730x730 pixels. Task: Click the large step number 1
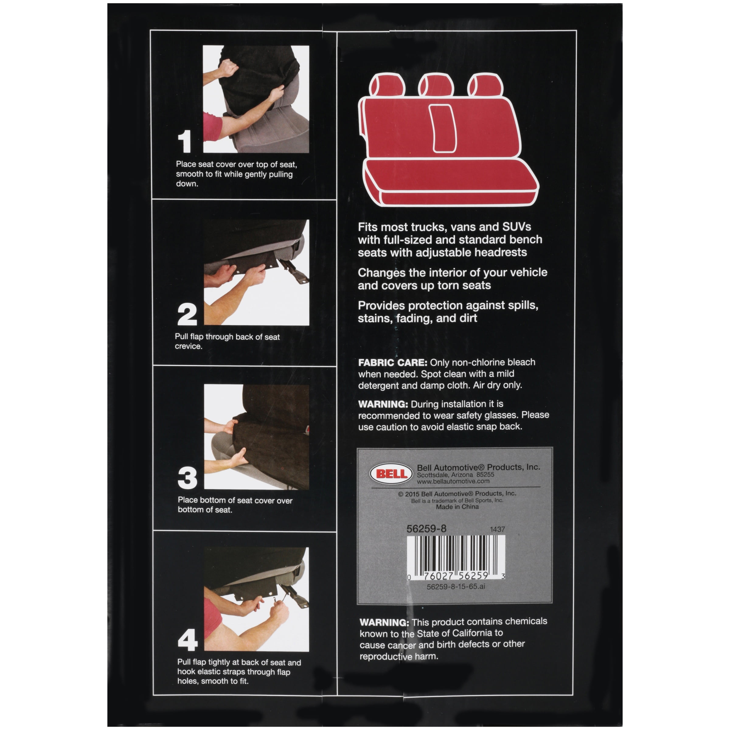(x=184, y=142)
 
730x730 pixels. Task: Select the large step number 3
(x=187, y=478)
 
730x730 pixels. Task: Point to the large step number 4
(x=188, y=640)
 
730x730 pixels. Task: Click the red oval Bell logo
(x=391, y=474)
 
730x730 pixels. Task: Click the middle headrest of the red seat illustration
(x=436, y=85)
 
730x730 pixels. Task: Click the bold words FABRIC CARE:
(x=393, y=363)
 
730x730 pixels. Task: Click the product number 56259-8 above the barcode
(x=426, y=529)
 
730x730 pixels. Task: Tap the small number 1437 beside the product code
(x=497, y=529)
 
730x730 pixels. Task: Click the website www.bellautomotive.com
(x=453, y=481)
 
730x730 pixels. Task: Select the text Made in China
(x=457, y=507)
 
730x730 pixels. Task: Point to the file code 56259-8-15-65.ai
(x=456, y=587)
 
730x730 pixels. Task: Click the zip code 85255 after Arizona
(x=485, y=474)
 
